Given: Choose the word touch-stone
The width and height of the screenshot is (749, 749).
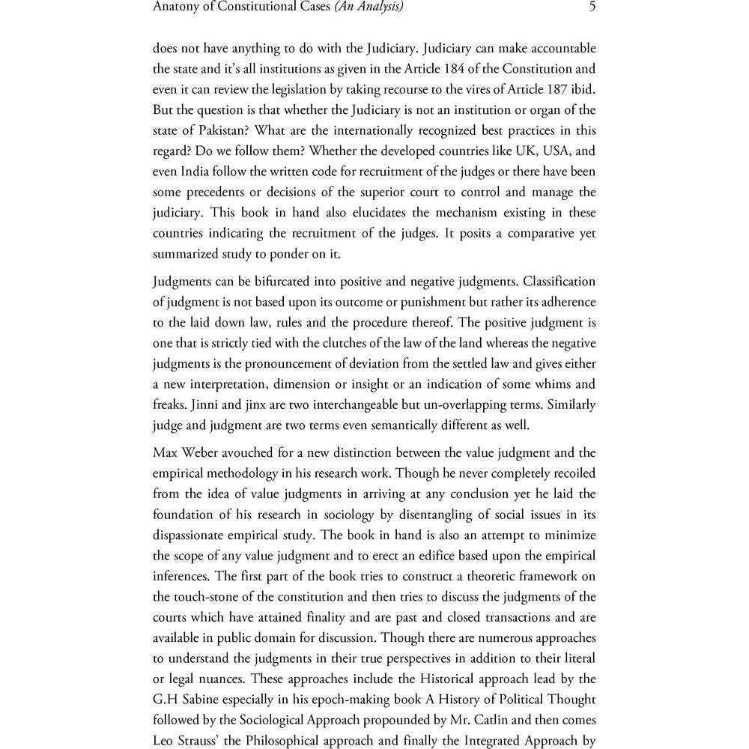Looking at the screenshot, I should [211, 597].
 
